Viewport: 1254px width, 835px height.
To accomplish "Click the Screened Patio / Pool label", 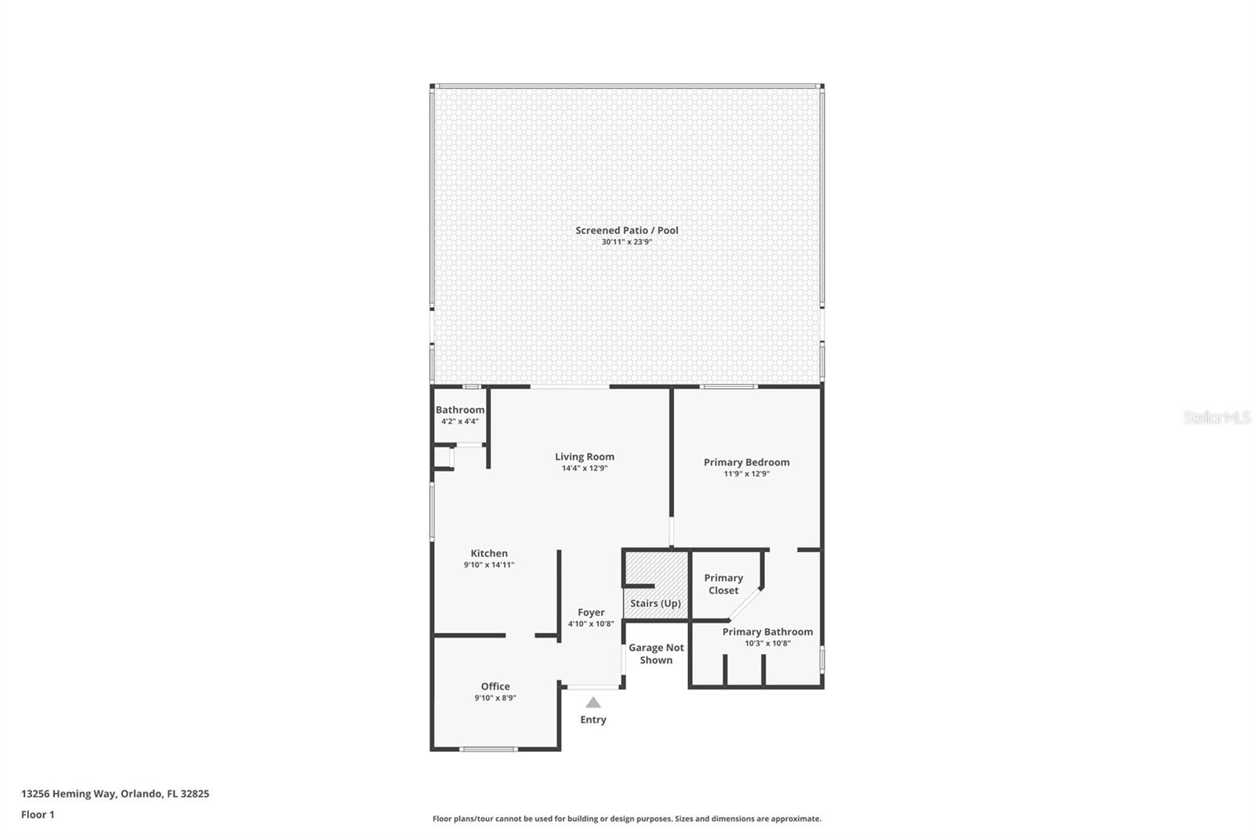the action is point(626,230).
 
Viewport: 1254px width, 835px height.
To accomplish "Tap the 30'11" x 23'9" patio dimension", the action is point(626,242).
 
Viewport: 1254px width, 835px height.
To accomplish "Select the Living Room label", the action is point(585,457).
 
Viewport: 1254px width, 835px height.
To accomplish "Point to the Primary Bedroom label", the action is point(746,462).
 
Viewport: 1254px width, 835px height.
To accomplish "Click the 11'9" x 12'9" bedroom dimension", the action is point(746,473).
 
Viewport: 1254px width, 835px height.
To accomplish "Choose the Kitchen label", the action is point(489,553).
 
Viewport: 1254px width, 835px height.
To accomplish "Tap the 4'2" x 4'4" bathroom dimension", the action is point(459,421).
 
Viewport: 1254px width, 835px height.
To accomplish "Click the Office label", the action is point(495,686).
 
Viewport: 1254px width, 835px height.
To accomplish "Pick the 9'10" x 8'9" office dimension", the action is point(495,698).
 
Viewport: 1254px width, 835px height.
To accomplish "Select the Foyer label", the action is point(591,613).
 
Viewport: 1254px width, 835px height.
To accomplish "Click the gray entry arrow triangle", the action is point(593,703).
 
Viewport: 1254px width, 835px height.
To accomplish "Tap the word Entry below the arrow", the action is point(593,720).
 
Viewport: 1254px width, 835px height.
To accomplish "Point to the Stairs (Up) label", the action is point(655,603).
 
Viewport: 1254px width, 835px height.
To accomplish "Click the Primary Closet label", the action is point(723,584).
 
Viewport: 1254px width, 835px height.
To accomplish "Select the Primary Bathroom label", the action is point(767,632).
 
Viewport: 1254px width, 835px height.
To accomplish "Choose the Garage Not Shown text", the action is point(656,654).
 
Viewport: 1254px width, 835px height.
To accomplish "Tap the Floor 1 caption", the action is point(38,815).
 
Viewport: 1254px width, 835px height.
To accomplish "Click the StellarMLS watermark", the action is point(1217,417).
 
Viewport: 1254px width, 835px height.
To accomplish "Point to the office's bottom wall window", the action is point(489,749).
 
